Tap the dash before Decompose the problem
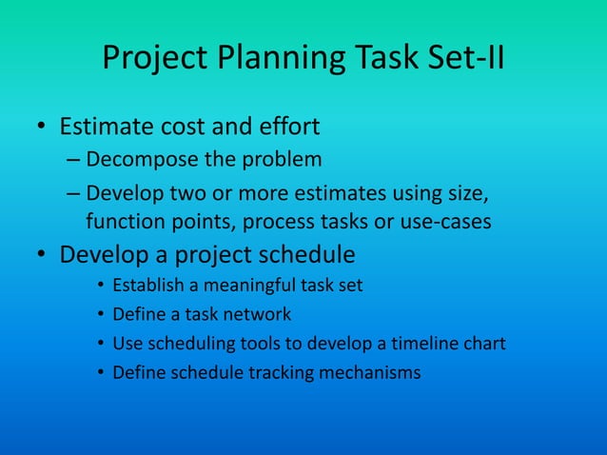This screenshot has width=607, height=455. [x=73, y=160]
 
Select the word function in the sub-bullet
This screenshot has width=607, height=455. [x=121, y=223]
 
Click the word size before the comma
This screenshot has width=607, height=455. [x=467, y=195]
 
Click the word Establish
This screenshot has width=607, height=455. [x=149, y=286]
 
